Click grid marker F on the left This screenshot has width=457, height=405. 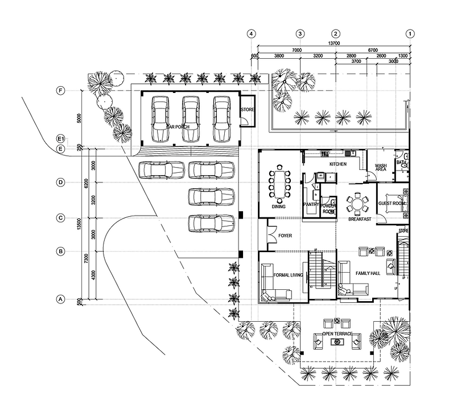click(60, 91)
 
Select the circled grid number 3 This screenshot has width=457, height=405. click(300, 34)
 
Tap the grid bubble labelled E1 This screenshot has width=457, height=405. click(60, 139)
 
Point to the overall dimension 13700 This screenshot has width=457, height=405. click(333, 44)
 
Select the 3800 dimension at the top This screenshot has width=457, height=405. click(279, 56)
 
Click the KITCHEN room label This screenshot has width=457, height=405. click(338, 164)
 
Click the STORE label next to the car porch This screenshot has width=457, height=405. click(248, 110)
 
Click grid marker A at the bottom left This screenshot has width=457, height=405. click(60, 299)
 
